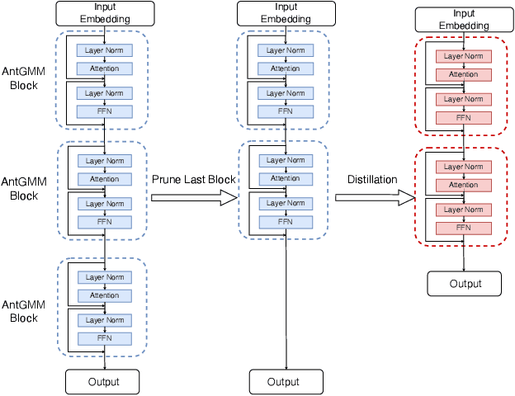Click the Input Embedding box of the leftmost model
105,12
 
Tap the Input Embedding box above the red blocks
463,20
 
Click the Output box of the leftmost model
104,381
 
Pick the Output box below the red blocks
464,283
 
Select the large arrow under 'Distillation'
374,197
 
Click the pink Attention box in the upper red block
463,75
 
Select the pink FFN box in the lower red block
463,228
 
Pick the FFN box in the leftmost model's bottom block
105,338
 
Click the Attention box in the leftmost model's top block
105,68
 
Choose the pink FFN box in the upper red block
463,117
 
